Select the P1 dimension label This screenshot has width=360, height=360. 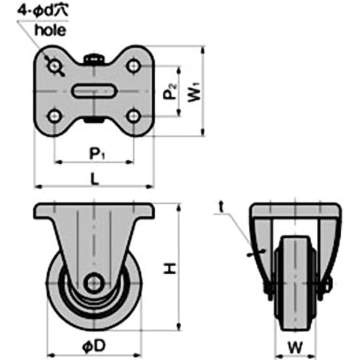[x=96, y=154]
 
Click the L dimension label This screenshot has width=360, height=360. [x=94, y=179]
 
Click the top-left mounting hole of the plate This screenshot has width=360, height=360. [x=55, y=67]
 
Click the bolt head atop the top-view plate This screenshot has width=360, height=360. [x=94, y=58]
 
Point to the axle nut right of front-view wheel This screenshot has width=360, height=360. [x=327, y=284]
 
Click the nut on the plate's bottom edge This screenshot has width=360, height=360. [x=94, y=120]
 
